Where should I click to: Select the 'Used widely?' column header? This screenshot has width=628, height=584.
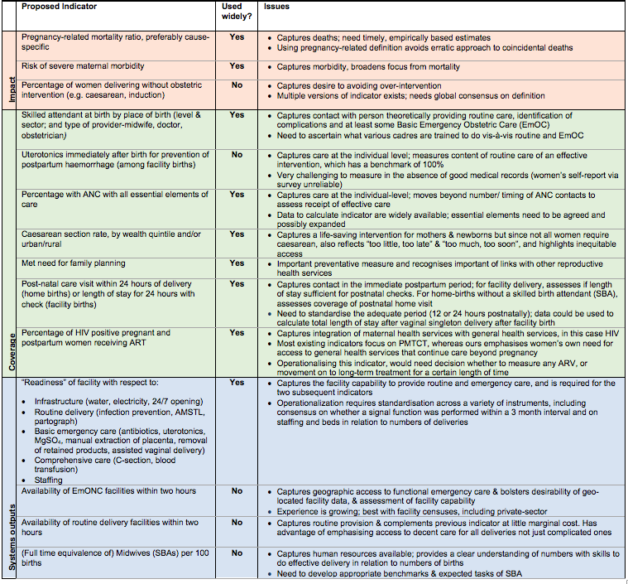[x=233, y=12]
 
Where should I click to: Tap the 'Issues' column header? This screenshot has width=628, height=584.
[x=277, y=7]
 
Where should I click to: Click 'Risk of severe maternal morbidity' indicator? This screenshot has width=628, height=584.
[x=83, y=66]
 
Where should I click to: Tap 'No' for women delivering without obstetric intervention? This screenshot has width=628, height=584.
[x=237, y=84]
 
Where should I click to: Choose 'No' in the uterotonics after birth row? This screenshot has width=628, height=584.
[x=237, y=155]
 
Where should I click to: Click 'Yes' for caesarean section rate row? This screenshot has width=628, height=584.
[x=237, y=234]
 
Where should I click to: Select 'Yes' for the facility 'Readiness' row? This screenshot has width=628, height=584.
[x=237, y=383]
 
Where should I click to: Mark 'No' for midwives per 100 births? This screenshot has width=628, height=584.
[x=237, y=553]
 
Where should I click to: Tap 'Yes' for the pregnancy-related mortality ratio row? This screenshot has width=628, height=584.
[x=237, y=37]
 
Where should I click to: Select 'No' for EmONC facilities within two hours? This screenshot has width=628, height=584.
[x=237, y=491]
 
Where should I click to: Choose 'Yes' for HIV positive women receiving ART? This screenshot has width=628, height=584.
[x=237, y=333]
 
